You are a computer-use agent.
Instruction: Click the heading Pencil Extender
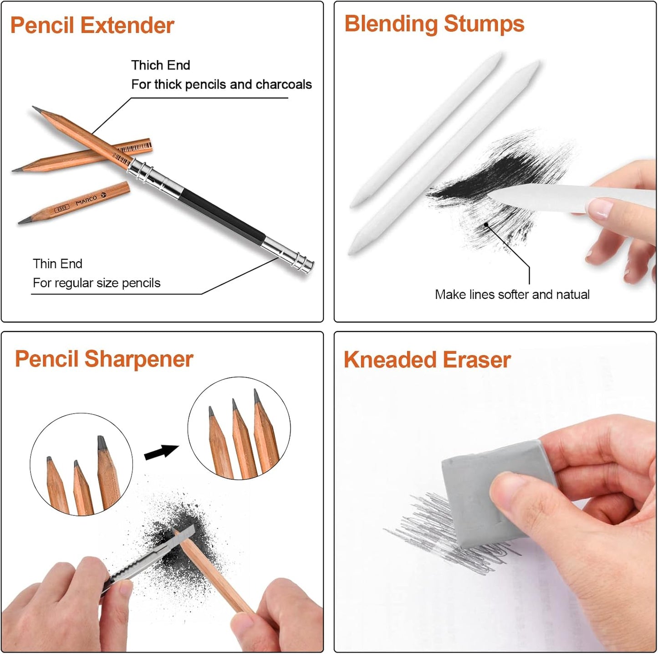coord(92,25)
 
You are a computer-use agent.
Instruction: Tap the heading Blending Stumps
coord(434,24)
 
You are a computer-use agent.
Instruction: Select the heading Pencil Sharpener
coord(104,359)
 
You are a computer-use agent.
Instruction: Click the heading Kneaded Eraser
coord(427,360)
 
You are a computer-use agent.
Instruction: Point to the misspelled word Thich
coord(143,65)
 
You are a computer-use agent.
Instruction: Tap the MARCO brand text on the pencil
coord(86,200)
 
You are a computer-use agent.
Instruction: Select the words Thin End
coord(57,264)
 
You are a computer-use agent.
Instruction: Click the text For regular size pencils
coord(97,283)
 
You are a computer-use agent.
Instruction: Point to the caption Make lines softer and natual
coord(512,294)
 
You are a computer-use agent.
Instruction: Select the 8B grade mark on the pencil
coord(61,208)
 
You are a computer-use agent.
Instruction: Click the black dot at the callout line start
coord(486,224)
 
